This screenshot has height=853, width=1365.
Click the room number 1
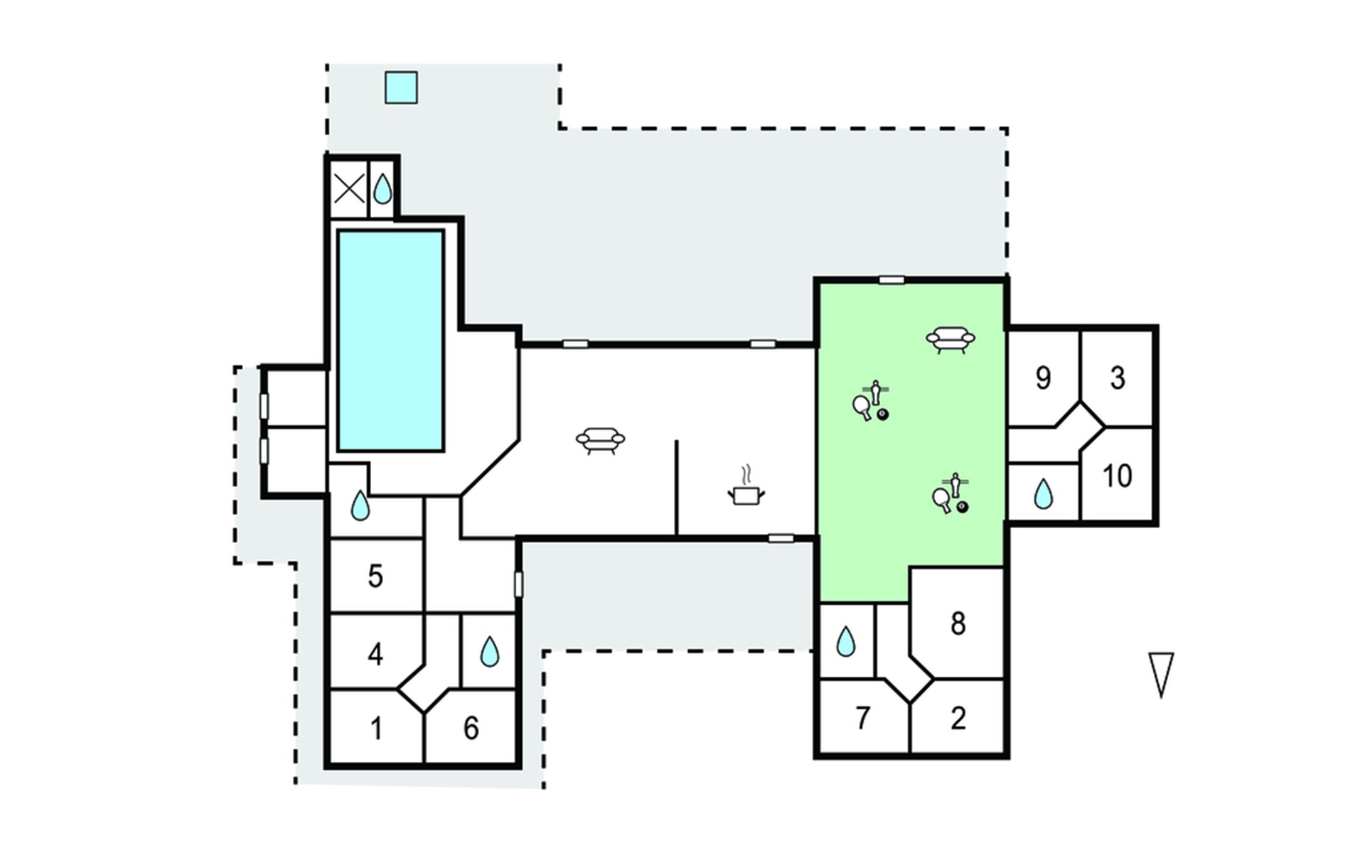(377, 729)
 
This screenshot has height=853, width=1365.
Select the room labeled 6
(471, 729)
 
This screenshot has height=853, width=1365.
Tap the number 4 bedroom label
(375, 654)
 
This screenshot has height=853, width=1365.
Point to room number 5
(375, 576)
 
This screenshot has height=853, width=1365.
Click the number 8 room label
(958, 623)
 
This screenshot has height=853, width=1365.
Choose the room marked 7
(863, 718)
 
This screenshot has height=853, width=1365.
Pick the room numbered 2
(958, 718)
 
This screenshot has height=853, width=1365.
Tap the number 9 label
(1043, 378)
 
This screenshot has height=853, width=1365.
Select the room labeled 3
(1118, 378)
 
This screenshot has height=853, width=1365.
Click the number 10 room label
(1117, 476)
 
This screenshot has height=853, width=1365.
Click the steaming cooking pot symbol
(746, 486)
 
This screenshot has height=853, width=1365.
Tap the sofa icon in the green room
(951, 340)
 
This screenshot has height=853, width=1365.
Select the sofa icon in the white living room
(600, 441)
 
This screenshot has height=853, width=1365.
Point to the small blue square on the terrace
(401, 87)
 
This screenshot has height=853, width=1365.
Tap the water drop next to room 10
(1043, 494)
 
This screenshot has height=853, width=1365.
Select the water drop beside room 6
(490, 651)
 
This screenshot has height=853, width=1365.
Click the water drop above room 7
(845, 641)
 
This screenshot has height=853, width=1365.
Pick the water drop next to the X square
(382, 189)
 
